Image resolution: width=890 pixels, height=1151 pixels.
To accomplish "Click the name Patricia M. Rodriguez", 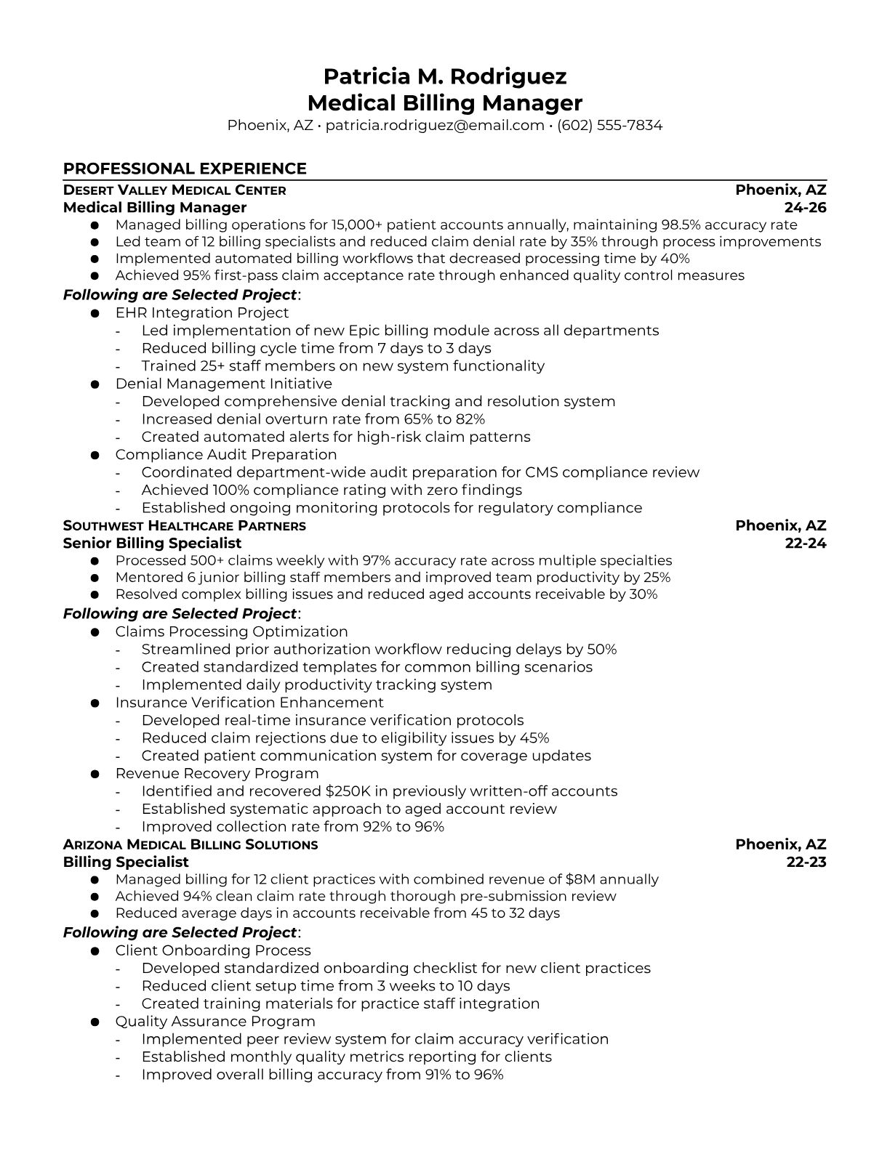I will pyautogui.click(x=444, y=76).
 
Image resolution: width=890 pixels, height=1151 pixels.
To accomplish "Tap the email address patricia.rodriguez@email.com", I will pyautogui.click(x=435, y=125).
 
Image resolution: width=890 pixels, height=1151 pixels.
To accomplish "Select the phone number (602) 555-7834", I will pyautogui.click(x=609, y=125).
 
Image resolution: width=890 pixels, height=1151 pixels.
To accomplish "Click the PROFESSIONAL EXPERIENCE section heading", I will pyautogui.click(x=185, y=169).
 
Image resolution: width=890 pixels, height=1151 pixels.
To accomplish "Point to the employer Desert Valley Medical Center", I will pyautogui.click(x=175, y=190).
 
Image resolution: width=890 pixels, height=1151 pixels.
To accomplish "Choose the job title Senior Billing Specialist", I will pyautogui.click(x=152, y=544).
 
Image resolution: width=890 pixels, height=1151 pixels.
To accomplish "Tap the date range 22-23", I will pyautogui.click(x=806, y=863).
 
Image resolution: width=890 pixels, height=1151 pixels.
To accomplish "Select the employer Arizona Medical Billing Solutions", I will pyautogui.click(x=191, y=845).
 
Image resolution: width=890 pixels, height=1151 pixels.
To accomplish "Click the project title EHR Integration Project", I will pyautogui.click(x=201, y=313).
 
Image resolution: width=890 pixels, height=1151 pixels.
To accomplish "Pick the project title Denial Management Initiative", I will pyautogui.click(x=223, y=384).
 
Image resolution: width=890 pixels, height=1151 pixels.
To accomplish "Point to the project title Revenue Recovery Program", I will pyautogui.click(x=217, y=774).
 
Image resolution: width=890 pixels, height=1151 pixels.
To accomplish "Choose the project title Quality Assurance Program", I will pyautogui.click(x=215, y=1022).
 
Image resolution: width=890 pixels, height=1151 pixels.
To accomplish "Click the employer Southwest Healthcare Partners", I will pyautogui.click(x=185, y=526).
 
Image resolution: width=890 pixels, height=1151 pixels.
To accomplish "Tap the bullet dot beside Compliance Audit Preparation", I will pyautogui.click(x=95, y=456).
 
